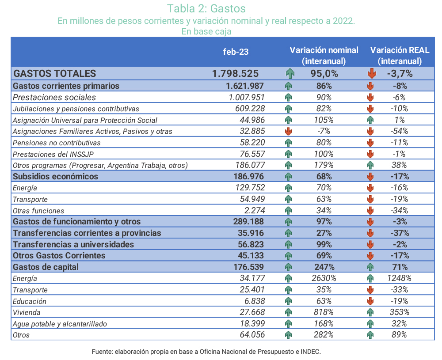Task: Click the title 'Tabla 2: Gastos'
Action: (206, 8)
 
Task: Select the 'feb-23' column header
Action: (236, 52)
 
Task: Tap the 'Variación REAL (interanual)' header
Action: (400, 56)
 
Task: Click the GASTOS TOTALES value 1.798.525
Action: (236, 73)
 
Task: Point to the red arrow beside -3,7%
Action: (372, 73)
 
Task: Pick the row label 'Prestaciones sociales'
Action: (54, 98)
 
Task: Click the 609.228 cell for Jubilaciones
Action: (250, 109)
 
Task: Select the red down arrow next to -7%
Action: (288, 131)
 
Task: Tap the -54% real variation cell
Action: (400, 131)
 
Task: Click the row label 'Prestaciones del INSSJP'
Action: (53, 154)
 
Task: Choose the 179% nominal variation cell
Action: (324, 165)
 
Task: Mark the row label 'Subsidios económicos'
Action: (56, 177)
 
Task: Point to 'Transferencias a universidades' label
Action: (73, 245)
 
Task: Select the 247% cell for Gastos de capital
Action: (324, 267)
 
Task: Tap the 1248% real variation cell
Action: (400, 278)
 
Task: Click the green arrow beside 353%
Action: (370, 312)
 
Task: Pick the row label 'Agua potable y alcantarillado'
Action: (60, 324)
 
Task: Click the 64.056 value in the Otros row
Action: (252, 335)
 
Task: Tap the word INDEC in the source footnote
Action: (310, 352)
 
